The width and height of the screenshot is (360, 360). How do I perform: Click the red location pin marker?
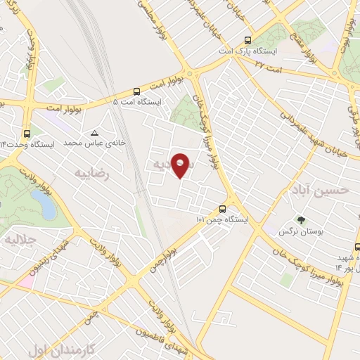pyautogui.click(x=181, y=165)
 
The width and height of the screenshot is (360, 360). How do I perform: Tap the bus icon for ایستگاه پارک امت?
pyautogui.click(x=247, y=40)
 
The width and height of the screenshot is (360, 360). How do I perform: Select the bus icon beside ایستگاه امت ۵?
pyautogui.click(x=136, y=91)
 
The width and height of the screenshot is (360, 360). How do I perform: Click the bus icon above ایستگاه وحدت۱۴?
pyautogui.click(x=27, y=133)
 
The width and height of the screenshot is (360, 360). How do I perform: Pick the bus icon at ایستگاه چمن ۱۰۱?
pyautogui.click(x=222, y=209)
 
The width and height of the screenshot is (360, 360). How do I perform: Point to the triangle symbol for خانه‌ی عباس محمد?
pyautogui.click(x=94, y=132)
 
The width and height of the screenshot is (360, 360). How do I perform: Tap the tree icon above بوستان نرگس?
pyautogui.click(x=302, y=219)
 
